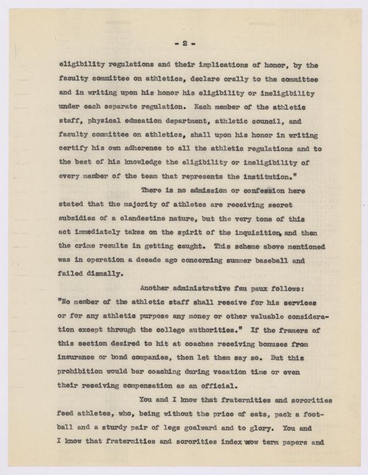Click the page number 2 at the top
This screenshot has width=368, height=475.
184,44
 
